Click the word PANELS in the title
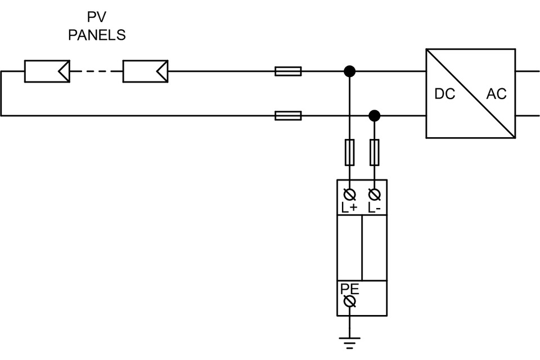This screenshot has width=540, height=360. [x=97, y=35]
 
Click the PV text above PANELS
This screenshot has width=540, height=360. [x=97, y=17]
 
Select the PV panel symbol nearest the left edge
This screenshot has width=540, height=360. [x=47, y=71]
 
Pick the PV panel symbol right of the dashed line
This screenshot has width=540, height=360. [x=145, y=71]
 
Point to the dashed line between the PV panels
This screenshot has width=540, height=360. [x=96, y=71]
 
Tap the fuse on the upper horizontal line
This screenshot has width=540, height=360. [x=288, y=71]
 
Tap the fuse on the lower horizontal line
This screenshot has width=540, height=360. [x=288, y=116]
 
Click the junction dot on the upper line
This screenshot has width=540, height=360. [x=350, y=71]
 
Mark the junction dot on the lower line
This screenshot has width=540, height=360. [x=374, y=116]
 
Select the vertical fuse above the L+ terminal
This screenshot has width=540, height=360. [x=350, y=152]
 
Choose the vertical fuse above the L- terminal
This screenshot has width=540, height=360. [x=374, y=152]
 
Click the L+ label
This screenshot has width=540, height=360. [x=349, y=208]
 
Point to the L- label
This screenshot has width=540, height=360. [x=374, y=208]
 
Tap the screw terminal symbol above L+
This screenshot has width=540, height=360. [x=350, y=195]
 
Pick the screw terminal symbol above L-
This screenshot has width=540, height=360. [x=374, y=195]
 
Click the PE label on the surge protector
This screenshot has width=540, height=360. [x=350, y=289]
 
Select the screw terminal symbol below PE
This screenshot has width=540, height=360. [x=350, y=302]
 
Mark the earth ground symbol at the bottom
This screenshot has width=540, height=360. [x=350, y=342]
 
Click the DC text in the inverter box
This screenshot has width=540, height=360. [x=444, y=94]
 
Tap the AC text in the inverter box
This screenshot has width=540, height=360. [x=496, y=94]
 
